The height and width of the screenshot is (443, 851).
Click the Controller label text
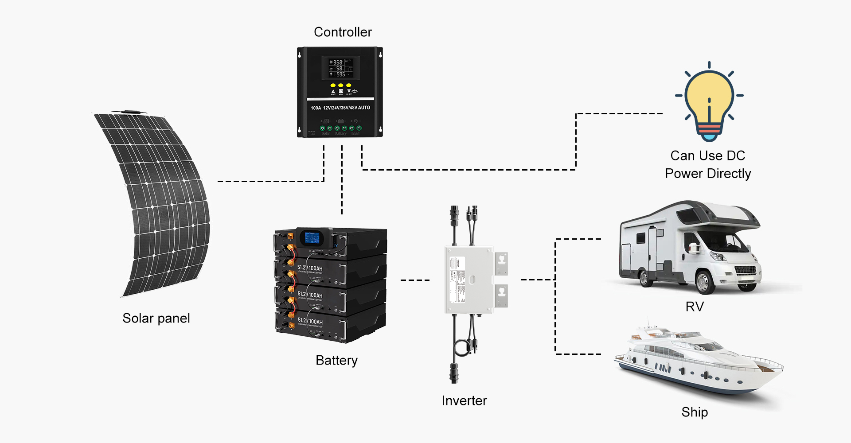(343, 32)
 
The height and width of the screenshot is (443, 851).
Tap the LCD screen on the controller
(340, 68)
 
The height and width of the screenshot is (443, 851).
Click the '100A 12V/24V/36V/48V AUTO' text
(340, 108)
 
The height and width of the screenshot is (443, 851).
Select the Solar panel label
(156, 318)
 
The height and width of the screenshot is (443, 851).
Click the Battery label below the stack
(336, 360)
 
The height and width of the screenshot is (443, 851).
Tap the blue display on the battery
(312, 238)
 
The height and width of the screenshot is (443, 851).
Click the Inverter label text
(464, 400)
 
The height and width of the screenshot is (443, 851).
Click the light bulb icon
(709, 102)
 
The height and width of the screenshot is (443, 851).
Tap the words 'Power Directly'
(708, 173)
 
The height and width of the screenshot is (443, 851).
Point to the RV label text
(695, 307)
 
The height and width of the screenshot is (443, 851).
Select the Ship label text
(695, 412)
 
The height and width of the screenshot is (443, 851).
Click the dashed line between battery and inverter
(415, 280)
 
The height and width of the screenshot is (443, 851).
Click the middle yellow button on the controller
(340, 85)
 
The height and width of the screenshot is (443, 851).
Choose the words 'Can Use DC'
(708, 155)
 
